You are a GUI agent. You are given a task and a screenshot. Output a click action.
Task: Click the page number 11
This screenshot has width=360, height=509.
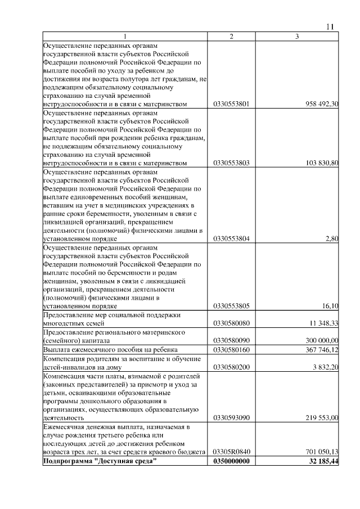330,26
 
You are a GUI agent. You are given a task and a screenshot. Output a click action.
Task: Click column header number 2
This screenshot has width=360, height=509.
231,37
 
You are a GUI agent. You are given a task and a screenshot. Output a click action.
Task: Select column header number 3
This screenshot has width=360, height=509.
297,37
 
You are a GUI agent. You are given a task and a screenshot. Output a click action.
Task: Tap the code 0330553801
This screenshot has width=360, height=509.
232,104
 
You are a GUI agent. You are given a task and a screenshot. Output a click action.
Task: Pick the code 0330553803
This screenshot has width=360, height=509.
232,163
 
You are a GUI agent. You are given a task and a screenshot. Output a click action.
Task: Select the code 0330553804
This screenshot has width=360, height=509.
232,239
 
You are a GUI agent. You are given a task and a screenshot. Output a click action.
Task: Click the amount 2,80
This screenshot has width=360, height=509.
332,239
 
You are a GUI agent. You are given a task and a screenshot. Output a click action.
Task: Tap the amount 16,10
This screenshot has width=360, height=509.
330,307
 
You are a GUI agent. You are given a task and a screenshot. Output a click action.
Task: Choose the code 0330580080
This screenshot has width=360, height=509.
232,324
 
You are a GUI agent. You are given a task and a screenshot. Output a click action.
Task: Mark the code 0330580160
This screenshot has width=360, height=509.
232,350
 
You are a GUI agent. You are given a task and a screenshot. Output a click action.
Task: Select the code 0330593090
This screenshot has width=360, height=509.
232,418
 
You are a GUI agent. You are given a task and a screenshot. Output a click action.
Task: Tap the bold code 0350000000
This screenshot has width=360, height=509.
232,461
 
